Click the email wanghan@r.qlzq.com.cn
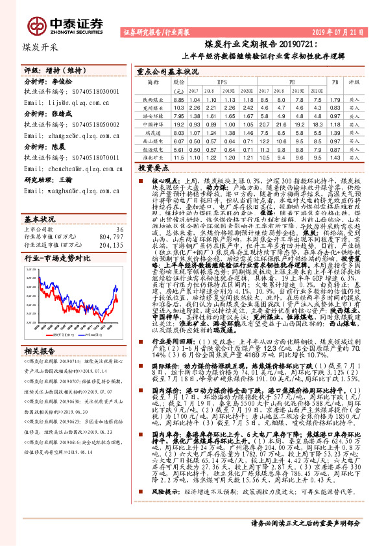pyautogui.click(x=66, y=191)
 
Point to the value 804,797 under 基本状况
pyautogui.click(x=110, y=219)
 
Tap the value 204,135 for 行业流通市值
pyautogui.click(x=110, y=228)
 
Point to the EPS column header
pyautogui.click(x=221, y=82)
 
